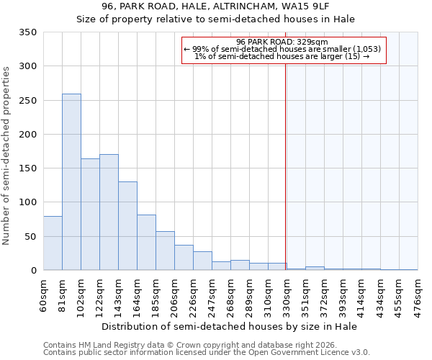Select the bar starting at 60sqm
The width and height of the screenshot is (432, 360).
(53, 243)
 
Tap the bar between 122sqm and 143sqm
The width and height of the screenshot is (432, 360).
(109, 212)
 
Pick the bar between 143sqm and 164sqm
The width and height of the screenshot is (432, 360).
(127, 226)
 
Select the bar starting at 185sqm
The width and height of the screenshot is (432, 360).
(165, 251)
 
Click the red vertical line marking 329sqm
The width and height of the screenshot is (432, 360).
(286, 166)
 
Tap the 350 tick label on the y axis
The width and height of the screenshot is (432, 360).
(27, 32)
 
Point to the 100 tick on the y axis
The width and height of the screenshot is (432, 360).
(27, 202)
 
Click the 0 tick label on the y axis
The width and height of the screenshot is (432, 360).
(33, 271)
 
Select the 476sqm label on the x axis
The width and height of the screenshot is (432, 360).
(418, 296)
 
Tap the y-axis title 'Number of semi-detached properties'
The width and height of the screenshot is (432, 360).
(6, 155)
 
